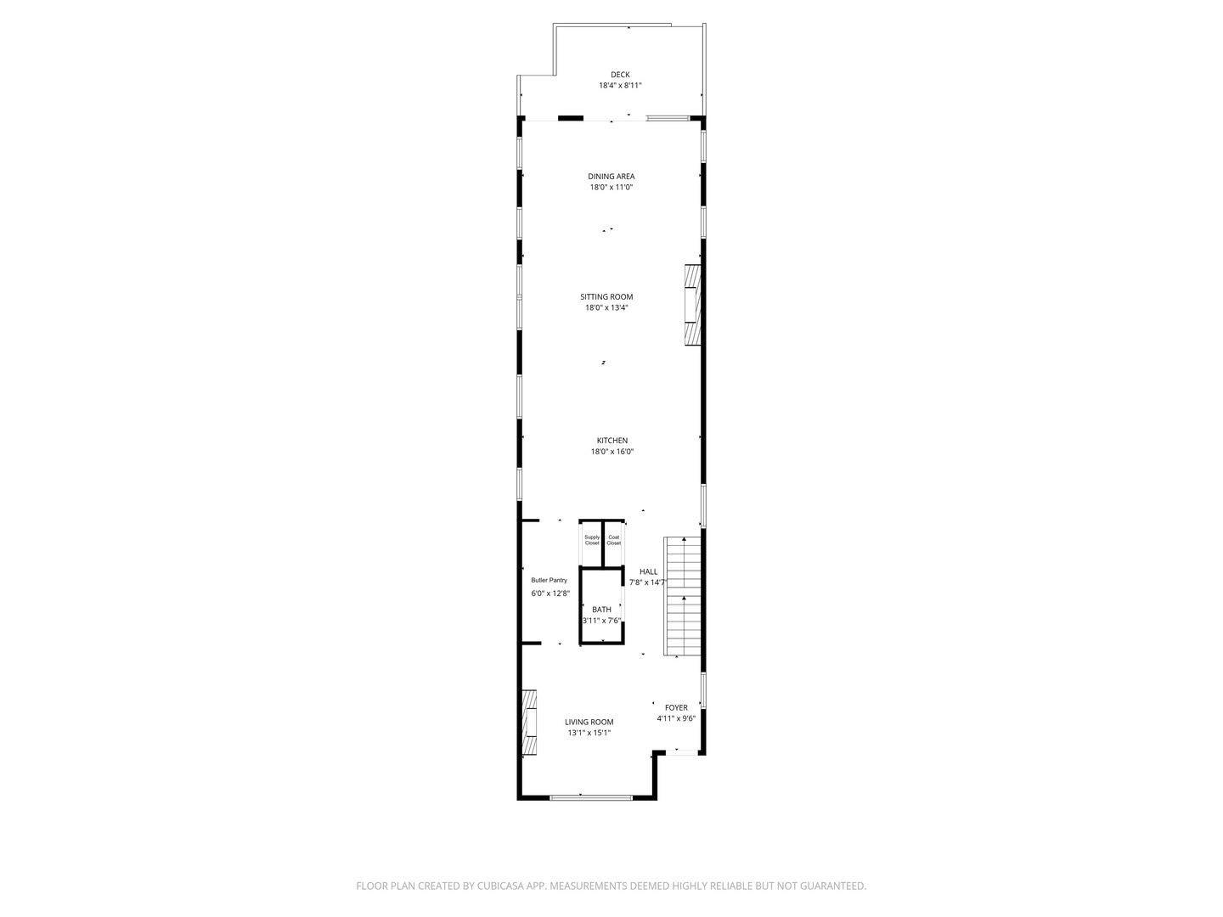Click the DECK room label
[620, 75]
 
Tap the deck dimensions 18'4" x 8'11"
[620, 86]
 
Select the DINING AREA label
[611, 177]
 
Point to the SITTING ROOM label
[606, 297]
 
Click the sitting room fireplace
[694, 306]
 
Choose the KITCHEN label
[612, 441]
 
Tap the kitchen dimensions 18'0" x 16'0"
[612, 452]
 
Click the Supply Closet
[592, 540]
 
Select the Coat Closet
[613, 540]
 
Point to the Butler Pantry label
[549, 580]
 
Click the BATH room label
[601, 610]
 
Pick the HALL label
[649, 571]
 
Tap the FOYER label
[676, 707]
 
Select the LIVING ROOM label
[589, 722]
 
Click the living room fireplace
[530, 722]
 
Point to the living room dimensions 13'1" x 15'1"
[589, 733]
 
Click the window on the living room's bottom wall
[591, 797]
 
